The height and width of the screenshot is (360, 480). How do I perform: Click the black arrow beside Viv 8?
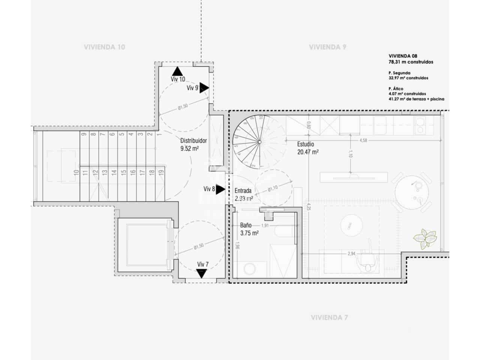click(x=220, y=189)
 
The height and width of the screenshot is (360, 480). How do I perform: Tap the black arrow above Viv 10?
click(x=177, y=71)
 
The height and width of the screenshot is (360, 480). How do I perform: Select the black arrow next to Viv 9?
click(x=204, y=88)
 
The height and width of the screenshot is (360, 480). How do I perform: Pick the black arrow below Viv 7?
click(x=202, y=274)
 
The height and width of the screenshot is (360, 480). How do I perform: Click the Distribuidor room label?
click(x=193, y=141)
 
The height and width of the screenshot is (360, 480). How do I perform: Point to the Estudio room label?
click(x=306, y=144)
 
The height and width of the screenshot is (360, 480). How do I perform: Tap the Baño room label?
click(x=246, y=225)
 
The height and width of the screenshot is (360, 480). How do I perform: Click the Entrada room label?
click(x=243, y=190)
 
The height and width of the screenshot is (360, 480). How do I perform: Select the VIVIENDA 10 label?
click(x=104, y=47)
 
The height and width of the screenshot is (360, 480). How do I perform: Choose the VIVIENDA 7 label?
click(x=329, y=318)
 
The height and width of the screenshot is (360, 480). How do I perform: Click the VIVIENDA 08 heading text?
click(x=403, y=56)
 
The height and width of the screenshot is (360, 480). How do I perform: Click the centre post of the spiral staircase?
click(x=259, y=141)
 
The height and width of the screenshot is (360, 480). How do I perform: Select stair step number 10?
click(x=76, y=172)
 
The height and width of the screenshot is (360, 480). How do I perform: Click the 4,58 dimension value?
click(x=363, y=141)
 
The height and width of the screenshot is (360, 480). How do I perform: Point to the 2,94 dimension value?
click(x=351, y=254)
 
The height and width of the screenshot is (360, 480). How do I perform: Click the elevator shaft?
click(x=144, y=245)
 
